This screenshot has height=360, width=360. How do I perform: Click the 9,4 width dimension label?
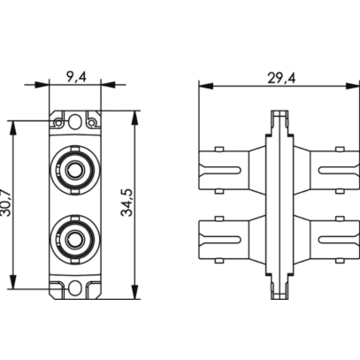[x=76, y=78]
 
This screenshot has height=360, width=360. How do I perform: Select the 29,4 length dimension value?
[x=281, y=79]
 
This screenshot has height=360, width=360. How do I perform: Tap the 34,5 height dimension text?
[x=127, y=203]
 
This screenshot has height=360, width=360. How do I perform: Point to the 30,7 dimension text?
[x=6, y=203]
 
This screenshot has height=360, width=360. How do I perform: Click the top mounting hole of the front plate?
[x=75, y=121]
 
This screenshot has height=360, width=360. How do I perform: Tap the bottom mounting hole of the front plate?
[x=75, y=288]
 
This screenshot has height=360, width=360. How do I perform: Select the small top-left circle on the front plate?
[x=58, y=122]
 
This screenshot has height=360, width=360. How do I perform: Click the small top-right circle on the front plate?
[x=92, y=122]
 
